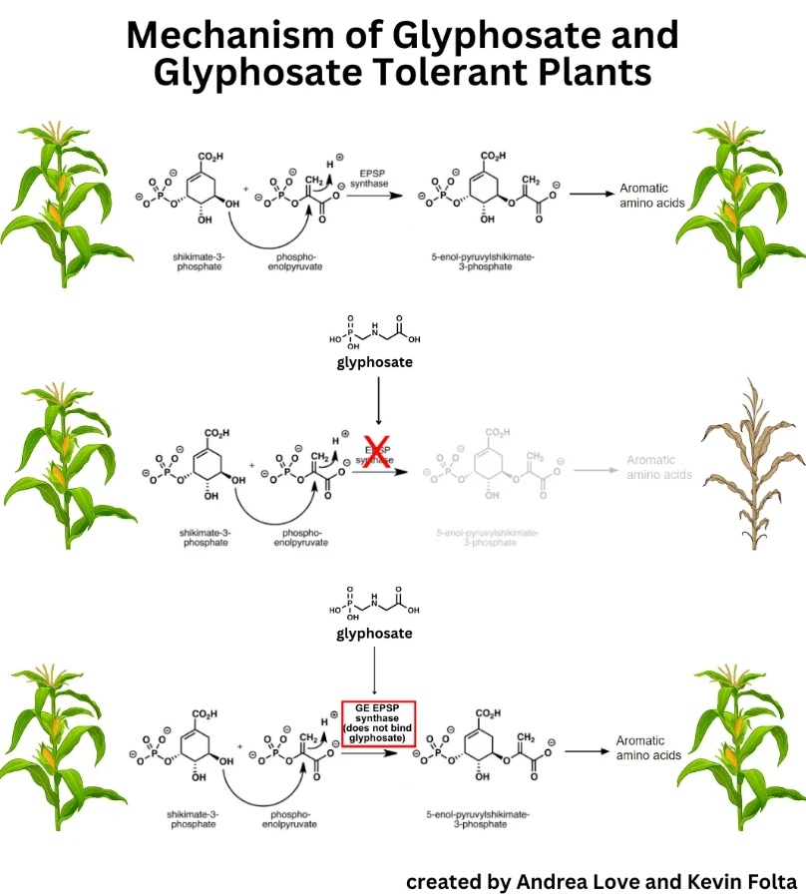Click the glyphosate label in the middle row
374,363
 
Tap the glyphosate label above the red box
374,633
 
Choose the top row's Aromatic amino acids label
643,195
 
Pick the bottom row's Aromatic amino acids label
648,748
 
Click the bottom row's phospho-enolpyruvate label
291,819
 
